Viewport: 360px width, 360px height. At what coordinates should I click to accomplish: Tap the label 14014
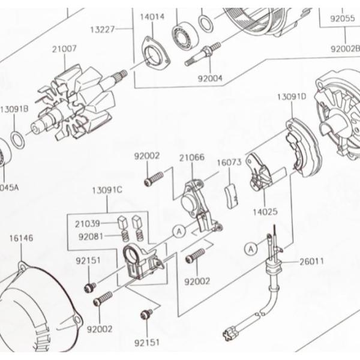[x=152, y=17]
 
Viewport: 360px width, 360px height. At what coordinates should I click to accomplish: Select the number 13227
[x=103, y=29]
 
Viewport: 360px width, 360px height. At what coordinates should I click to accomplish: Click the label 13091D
[x=291, y=96]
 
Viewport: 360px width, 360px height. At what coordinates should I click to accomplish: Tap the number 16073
[x=229, y=162]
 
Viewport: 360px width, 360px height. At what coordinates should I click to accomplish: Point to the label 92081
[x=91, y=236]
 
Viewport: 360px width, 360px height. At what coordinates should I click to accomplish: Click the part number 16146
[x=21, y=238]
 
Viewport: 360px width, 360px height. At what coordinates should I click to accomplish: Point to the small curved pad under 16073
[x=230, y=196]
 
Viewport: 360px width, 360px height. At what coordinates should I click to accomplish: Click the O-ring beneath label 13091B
[x=19, y=140]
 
